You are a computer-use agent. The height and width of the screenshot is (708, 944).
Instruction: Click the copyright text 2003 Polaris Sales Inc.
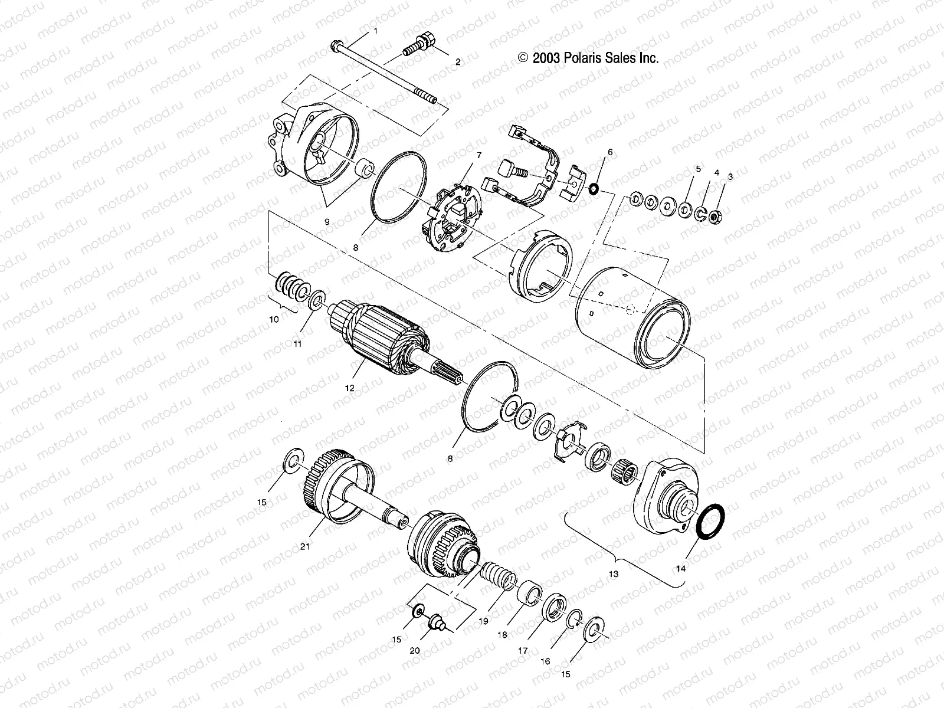pyautogui.click(x=588, y=58)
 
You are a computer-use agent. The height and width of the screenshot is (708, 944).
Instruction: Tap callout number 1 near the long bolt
pyautogui.click(x=373, y=30)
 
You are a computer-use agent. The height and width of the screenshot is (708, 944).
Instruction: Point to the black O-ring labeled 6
pyautogui.click(x=594, y=189)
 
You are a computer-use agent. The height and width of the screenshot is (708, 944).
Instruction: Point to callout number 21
pyautogui.click(x=305, y=546)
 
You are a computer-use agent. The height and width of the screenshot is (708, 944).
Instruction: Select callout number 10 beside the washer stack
pyautogui.click(x=274, y=319)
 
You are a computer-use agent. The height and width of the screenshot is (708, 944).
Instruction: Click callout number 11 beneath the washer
pyautogui.click(x=298, y=343)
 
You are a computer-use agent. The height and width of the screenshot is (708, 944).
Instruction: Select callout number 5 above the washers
pyautogui.click(x=699, y=169)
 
